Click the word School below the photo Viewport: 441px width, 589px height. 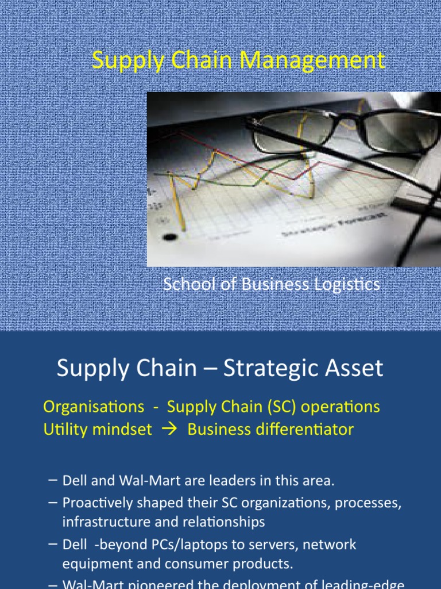[183, 284]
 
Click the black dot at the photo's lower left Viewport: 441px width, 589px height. [169, 236]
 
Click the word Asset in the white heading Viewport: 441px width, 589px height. [354, 369]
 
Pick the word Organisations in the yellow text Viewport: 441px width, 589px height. [94, 407]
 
